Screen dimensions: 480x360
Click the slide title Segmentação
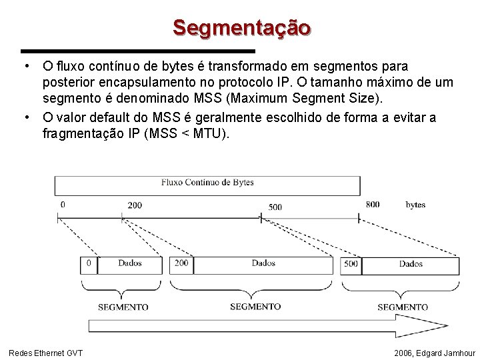(x=241, y=28)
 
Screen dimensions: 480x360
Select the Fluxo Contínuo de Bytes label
(x=207, y=182)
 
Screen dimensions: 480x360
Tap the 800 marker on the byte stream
(x=373, y=204)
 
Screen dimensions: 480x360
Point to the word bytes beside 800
(x=415, y=204)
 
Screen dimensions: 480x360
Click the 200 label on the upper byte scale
(x=135, y=205)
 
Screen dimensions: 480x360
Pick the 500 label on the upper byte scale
(x=275, y=207)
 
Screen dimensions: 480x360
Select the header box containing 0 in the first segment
(x=89, y=264)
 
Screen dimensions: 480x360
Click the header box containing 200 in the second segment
(x=181, y=264)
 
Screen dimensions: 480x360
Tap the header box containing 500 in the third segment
(x=351, y=265)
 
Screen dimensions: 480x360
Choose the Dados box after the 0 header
(x=130, y=264)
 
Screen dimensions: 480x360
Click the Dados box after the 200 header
(x=264, y=264)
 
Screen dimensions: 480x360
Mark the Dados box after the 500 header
(x=411, y=265)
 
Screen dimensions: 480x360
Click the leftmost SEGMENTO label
(x=123, y=307)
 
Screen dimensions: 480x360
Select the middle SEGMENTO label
(x=255, y=307)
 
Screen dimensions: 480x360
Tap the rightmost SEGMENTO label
(x=403, y=307)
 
